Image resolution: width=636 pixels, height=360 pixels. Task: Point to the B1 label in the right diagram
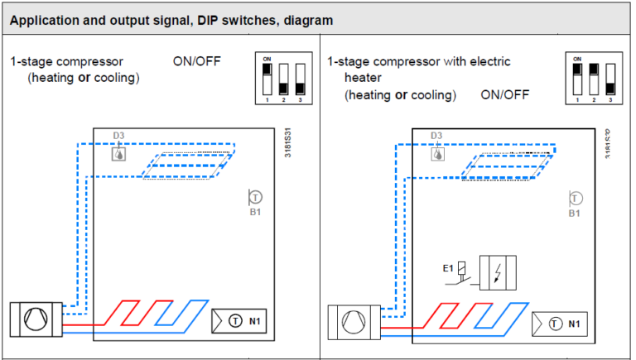(x=575, y=214)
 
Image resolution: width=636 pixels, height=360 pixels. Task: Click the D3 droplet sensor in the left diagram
(x=119, y=153)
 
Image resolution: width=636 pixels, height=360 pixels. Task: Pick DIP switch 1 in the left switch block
(x=267, y=79)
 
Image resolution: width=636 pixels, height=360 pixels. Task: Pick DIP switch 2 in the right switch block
(x=593, y=79)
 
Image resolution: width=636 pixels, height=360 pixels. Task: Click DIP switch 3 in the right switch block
(x=610, y=79)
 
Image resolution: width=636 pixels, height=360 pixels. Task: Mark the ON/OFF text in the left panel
(x=195, y=61)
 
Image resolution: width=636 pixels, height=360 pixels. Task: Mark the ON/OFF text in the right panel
(x=504, y=94)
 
